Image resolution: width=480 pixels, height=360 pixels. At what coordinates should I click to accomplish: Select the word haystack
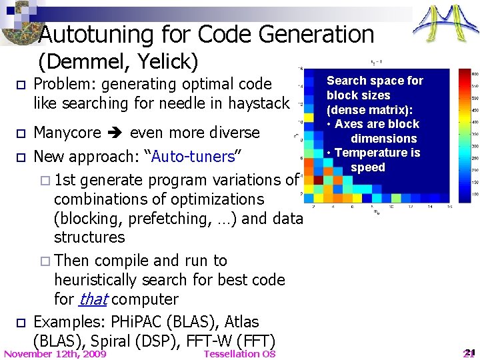click(259, 103)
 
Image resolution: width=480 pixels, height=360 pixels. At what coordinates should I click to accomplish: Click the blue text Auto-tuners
click(193, 157)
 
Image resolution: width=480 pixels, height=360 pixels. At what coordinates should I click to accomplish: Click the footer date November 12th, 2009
click(55, 353)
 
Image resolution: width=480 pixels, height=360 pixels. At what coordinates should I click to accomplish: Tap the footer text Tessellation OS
click(239, 353)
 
